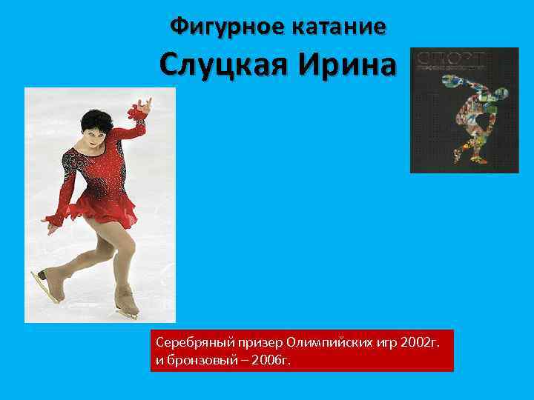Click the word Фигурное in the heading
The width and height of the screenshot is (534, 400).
pyautogui.click(x=224, y=27)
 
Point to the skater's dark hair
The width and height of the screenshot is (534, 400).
pyautogui.click(x=96, y=119)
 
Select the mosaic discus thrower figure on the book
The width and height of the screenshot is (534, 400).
pyautogui.click(x=475, y=122)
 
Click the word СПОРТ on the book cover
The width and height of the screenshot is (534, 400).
pyautogui.click(x=452, y=57)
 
